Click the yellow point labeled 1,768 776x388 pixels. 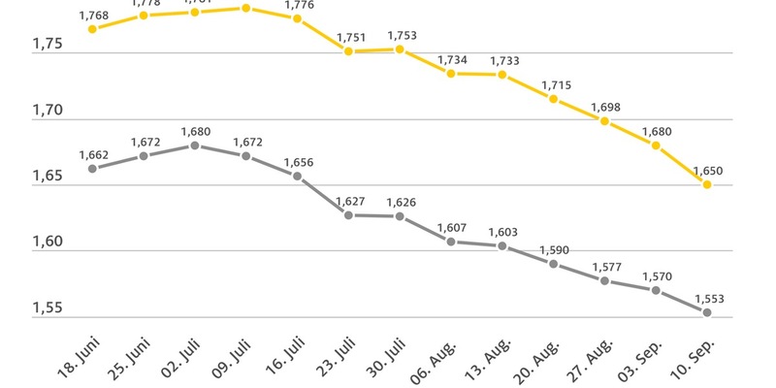pyautogui.click(x=92, y=29)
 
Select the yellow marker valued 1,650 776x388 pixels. pyautogui.click(x=707, y=184)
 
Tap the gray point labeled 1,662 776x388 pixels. pyautogui.click(x=92, y=168)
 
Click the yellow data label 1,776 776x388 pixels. pyautogui.click(x=299, y=6)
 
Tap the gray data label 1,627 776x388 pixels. pyautogui.click(x=350, y=202)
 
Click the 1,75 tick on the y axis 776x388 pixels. pyautogui.click(x=48, y=45)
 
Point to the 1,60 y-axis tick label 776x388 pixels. pyautogui.click(x=48, y=242)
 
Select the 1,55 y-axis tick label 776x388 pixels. pyautogui.click(x=48, y=308)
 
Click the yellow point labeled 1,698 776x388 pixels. pyautogui.click(x=604, y=121)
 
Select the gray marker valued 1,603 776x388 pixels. pyautogui.click(x=502, y=245)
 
